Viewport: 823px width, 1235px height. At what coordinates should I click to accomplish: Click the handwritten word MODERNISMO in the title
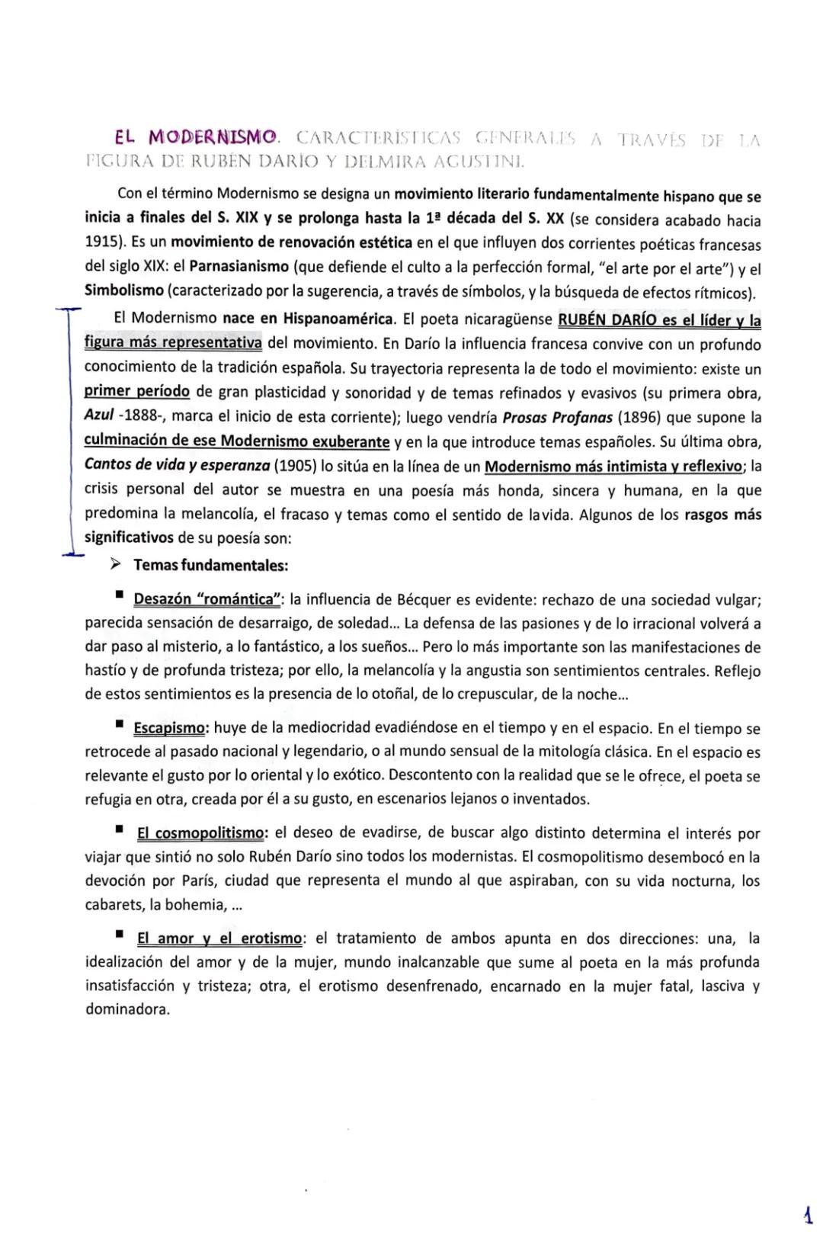coord(213,138)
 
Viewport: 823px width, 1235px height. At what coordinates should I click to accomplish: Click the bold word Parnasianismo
coord(239,268)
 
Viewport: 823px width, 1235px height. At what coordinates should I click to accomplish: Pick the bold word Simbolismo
coord(123,292)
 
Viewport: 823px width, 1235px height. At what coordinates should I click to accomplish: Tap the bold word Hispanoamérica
coord(339,318)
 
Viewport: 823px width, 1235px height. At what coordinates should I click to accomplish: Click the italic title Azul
coord(99,417)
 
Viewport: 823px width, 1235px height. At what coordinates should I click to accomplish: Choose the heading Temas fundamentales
coord(211,566)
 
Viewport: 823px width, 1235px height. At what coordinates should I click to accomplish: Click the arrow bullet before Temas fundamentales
coord(116,565)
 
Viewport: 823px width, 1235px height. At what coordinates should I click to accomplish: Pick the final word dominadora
coord(126,1009)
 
